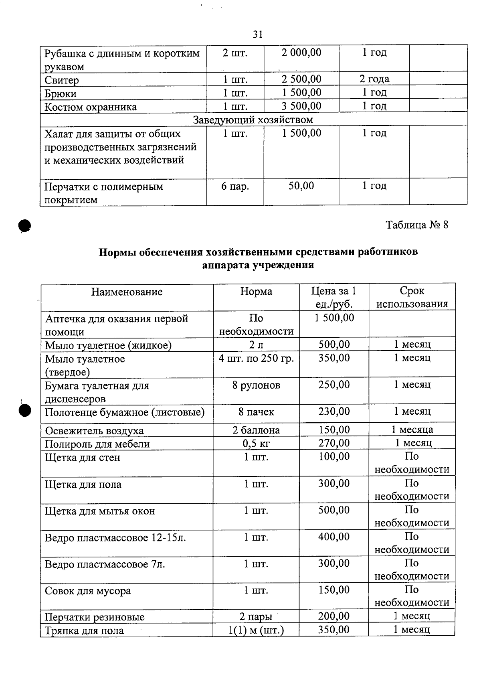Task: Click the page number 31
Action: coord(258,34)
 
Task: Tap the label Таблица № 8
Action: coord(417,225)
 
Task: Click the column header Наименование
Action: coord(127,292)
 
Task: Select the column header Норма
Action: coord(256,291)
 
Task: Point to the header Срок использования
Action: coord(412,297)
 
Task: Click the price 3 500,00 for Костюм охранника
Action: coord(301,106)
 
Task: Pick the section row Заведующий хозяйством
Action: coord(253,120)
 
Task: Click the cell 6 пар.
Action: coord(235,186)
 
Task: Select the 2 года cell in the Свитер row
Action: coord(374,79)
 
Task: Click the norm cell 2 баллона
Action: coord(256,430)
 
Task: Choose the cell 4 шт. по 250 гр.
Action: coord(256,358)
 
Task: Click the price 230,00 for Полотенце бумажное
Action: coord(334,411)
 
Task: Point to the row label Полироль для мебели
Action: coord(97,444)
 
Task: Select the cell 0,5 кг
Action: coord(256,444)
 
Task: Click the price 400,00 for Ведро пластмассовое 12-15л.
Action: coord(334,537)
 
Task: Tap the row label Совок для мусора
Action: coord(88,591)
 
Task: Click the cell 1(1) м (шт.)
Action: coord(256,630)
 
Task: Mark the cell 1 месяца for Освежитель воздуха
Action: coord(412,430)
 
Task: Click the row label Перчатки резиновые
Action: coord(95,617)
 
